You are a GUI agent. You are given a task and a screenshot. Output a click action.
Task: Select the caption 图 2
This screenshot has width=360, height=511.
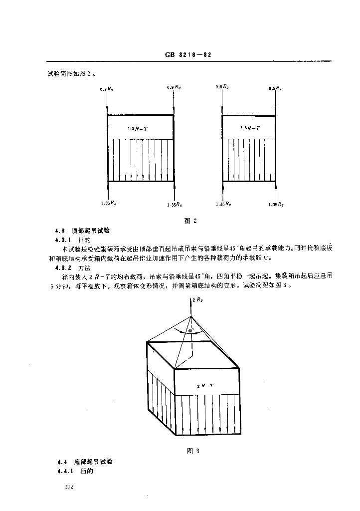click(191, 221)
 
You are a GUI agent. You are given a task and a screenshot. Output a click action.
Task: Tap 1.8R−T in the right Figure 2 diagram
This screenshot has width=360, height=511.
click(249, 128)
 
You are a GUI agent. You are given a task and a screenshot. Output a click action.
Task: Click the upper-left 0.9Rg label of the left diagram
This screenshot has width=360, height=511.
click(107, 88)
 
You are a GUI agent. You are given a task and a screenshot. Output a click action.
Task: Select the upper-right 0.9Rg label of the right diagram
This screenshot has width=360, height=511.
click(274, 88)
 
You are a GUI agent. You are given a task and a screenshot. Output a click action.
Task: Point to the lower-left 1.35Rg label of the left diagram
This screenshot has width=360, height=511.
click(108, 203)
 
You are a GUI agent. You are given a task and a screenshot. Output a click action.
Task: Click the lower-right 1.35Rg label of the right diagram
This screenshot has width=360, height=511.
click(276, 204)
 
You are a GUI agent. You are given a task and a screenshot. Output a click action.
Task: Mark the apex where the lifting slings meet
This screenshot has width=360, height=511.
click(191, 316)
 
